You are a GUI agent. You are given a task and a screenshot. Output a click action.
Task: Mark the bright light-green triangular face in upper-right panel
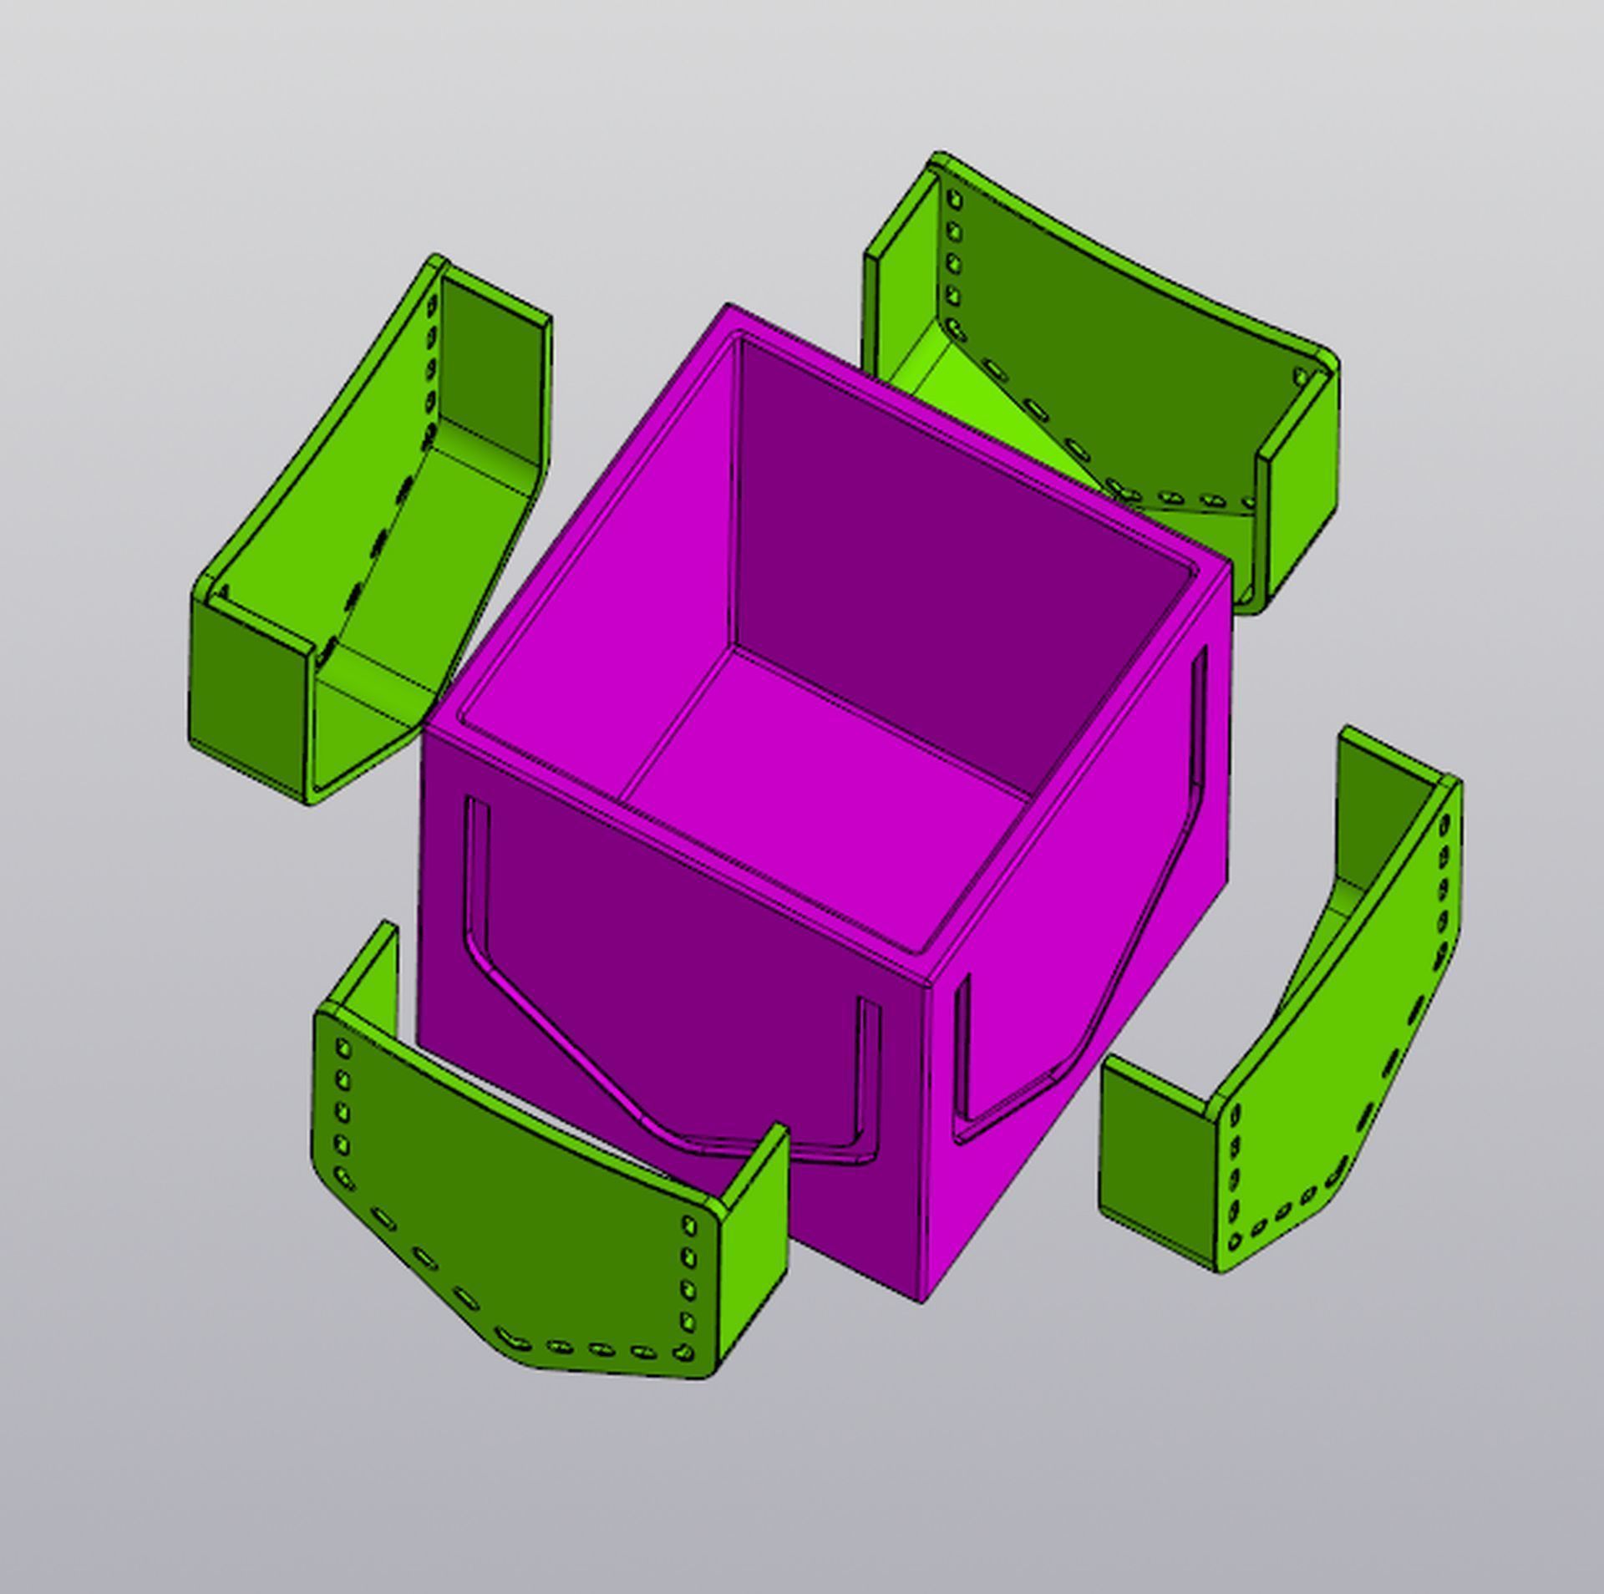1002,409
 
